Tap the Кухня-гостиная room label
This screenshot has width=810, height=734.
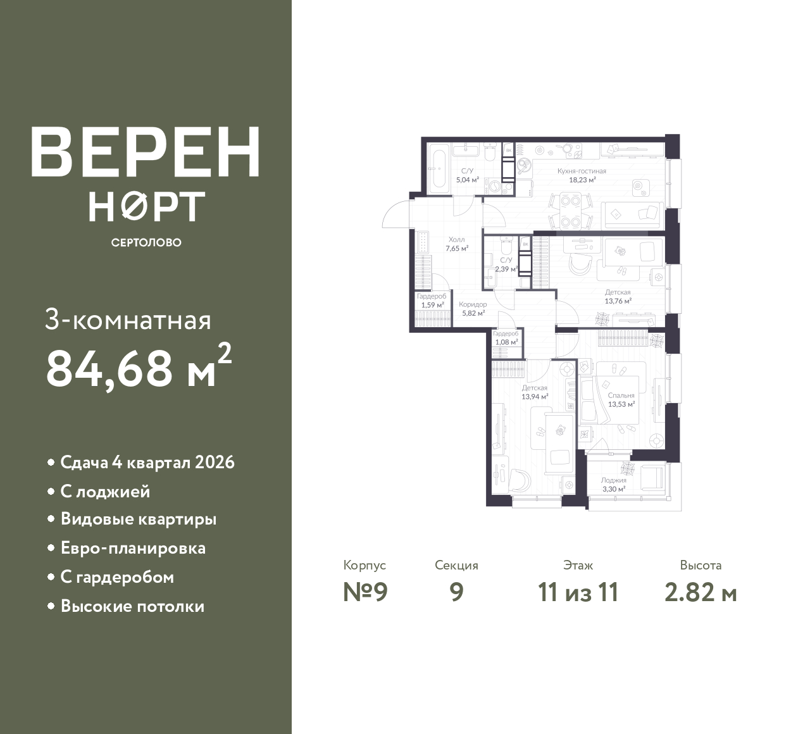(582, 171)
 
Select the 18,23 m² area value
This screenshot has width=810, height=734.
(582, 180)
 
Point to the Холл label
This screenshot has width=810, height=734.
(457, 240)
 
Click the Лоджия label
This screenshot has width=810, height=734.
(613, 480)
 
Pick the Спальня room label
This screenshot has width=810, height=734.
(621, 395)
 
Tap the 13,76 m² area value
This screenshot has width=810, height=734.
(618, 301)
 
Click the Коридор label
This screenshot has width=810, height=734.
(473, 304)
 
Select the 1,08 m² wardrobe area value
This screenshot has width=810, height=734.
(506, 342)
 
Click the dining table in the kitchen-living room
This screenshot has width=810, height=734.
(571, 211)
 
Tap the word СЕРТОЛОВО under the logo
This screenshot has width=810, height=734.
(146, 242)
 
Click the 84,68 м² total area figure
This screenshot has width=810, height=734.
(139, 366)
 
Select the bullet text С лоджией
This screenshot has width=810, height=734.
(106, 492)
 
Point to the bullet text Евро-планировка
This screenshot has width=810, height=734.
(134, 548)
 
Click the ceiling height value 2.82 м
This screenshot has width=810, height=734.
(701, 593)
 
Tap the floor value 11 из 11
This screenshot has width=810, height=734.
(578, 593)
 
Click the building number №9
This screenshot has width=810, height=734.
(365, 593)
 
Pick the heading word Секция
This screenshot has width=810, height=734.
(456, 565)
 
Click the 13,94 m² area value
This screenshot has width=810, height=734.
(535, 397)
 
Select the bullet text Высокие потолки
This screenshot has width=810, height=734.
(132, 606)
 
